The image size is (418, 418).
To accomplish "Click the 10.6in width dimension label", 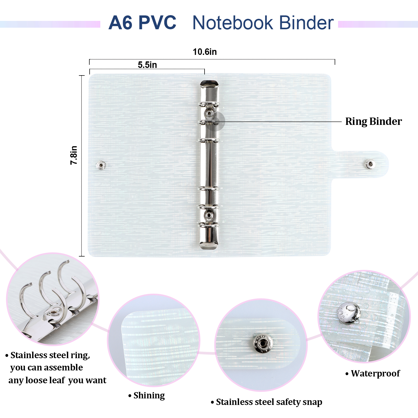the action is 205,52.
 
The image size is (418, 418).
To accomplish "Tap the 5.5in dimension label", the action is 147,65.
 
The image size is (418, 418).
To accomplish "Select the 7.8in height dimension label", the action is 74,155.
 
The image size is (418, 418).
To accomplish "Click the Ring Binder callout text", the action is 374,121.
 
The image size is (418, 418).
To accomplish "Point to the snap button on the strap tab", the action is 370,164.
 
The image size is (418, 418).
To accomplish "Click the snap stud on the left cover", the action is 101,165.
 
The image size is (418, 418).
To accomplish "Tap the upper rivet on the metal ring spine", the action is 209,113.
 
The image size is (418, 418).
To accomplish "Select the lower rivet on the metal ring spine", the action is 209,215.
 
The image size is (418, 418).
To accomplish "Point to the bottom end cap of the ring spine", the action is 209,245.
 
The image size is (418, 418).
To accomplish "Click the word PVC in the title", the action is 157,22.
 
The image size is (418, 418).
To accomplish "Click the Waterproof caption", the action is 373,374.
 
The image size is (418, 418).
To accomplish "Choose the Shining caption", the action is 147,396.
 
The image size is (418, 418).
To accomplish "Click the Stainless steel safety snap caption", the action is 266,402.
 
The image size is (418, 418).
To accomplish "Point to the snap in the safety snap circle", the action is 263,343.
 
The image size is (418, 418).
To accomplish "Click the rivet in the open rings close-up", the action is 54,312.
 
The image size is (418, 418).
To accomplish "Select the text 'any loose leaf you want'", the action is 57,380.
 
